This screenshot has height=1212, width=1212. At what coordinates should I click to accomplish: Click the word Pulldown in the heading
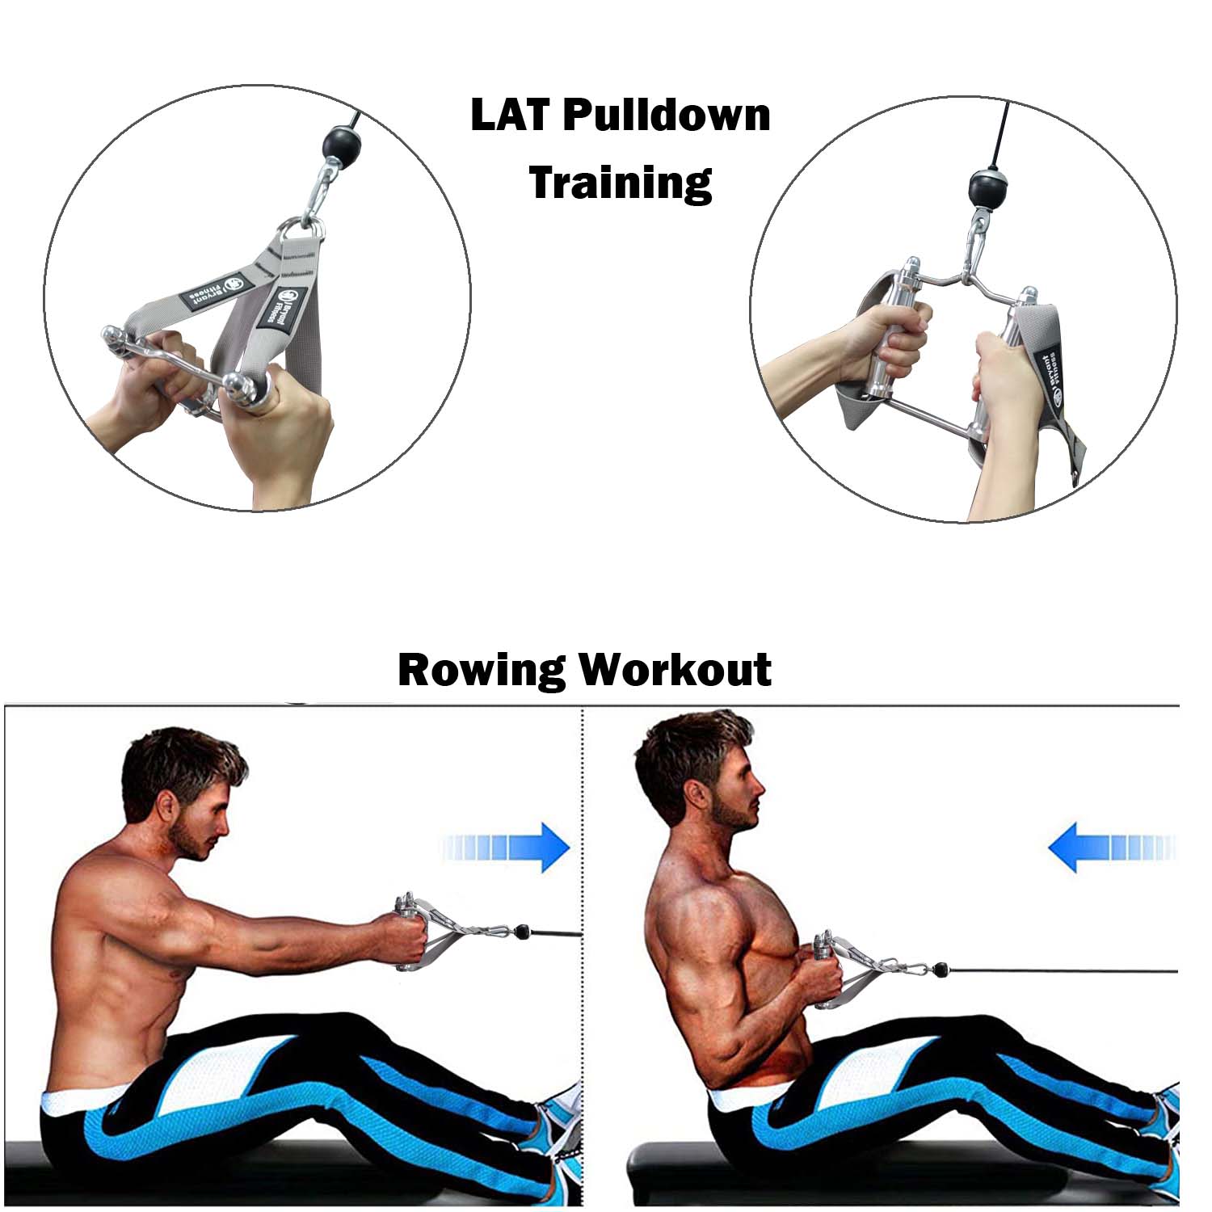pyautogui.click(x=667, y=115)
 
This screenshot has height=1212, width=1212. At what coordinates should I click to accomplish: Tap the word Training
pyautogui.click(x=621, y=183)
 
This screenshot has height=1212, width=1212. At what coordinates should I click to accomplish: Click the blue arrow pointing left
pyautogui.click(x=1111, y=847)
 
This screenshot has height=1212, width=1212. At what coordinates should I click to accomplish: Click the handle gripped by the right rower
pyautogui.click(x=823, y=970)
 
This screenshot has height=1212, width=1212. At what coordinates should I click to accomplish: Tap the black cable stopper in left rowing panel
pyautogui.click(x=524, y=932)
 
